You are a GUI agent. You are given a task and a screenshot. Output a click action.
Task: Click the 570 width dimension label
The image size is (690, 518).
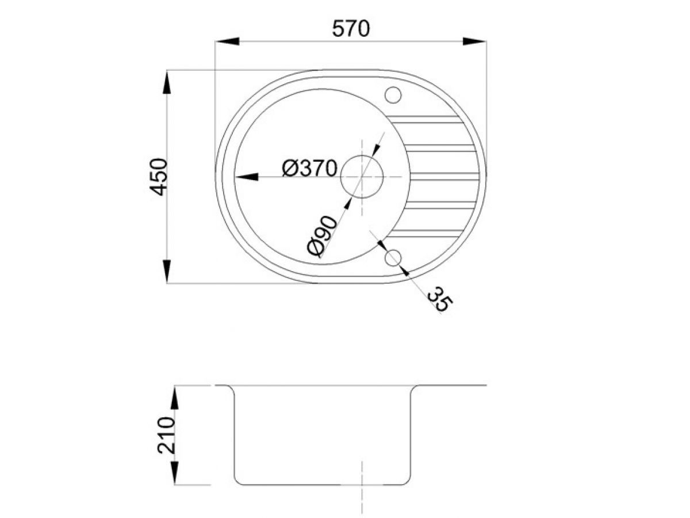[x=351, y=29]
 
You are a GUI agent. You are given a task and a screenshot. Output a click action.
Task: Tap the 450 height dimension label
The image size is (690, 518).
[x=158, y=177]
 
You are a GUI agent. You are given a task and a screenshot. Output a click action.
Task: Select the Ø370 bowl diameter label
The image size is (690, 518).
[x=309, y=168]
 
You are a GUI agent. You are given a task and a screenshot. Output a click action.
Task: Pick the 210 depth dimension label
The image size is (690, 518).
[x=166, y=435]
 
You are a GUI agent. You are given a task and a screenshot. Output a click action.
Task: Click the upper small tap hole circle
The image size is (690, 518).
[x=393, y=94]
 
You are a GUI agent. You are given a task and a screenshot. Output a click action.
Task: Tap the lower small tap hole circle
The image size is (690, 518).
[x=393, y=258]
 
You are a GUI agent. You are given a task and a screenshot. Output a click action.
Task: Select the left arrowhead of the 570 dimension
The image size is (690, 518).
[x=227, y=41]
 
